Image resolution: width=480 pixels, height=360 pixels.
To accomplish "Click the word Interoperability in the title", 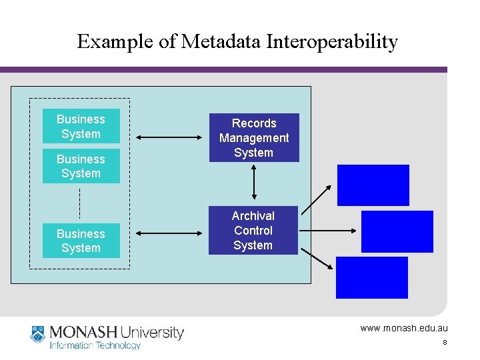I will click(x=332, y=42).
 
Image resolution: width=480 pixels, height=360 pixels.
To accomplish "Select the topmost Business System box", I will click(x=81, y=126).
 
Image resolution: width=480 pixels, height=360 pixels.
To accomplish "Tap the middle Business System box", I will click(x=81, y=166).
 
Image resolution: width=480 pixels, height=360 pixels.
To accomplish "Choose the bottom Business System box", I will click(x=81, y=241).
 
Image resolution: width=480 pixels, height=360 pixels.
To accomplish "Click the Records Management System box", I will click(x=253, y=137).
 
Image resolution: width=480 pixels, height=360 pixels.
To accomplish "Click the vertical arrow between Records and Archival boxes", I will click(x=253, y=181).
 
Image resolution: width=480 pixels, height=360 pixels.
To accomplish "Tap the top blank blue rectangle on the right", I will click(x=373, y=185).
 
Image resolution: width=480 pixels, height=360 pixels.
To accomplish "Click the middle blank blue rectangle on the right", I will click(x=397, y=231).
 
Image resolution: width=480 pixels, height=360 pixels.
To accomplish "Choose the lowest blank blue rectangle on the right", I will click(x=371, y=277).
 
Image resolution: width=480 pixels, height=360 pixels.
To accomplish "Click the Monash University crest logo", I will click(x=38, y=335).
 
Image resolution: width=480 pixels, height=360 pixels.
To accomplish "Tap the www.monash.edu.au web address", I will click(x=404, y=328).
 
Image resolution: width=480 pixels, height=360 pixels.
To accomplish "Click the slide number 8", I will click(x=445, y=343).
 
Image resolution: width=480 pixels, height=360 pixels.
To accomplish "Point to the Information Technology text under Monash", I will click(x=95, y=345).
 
